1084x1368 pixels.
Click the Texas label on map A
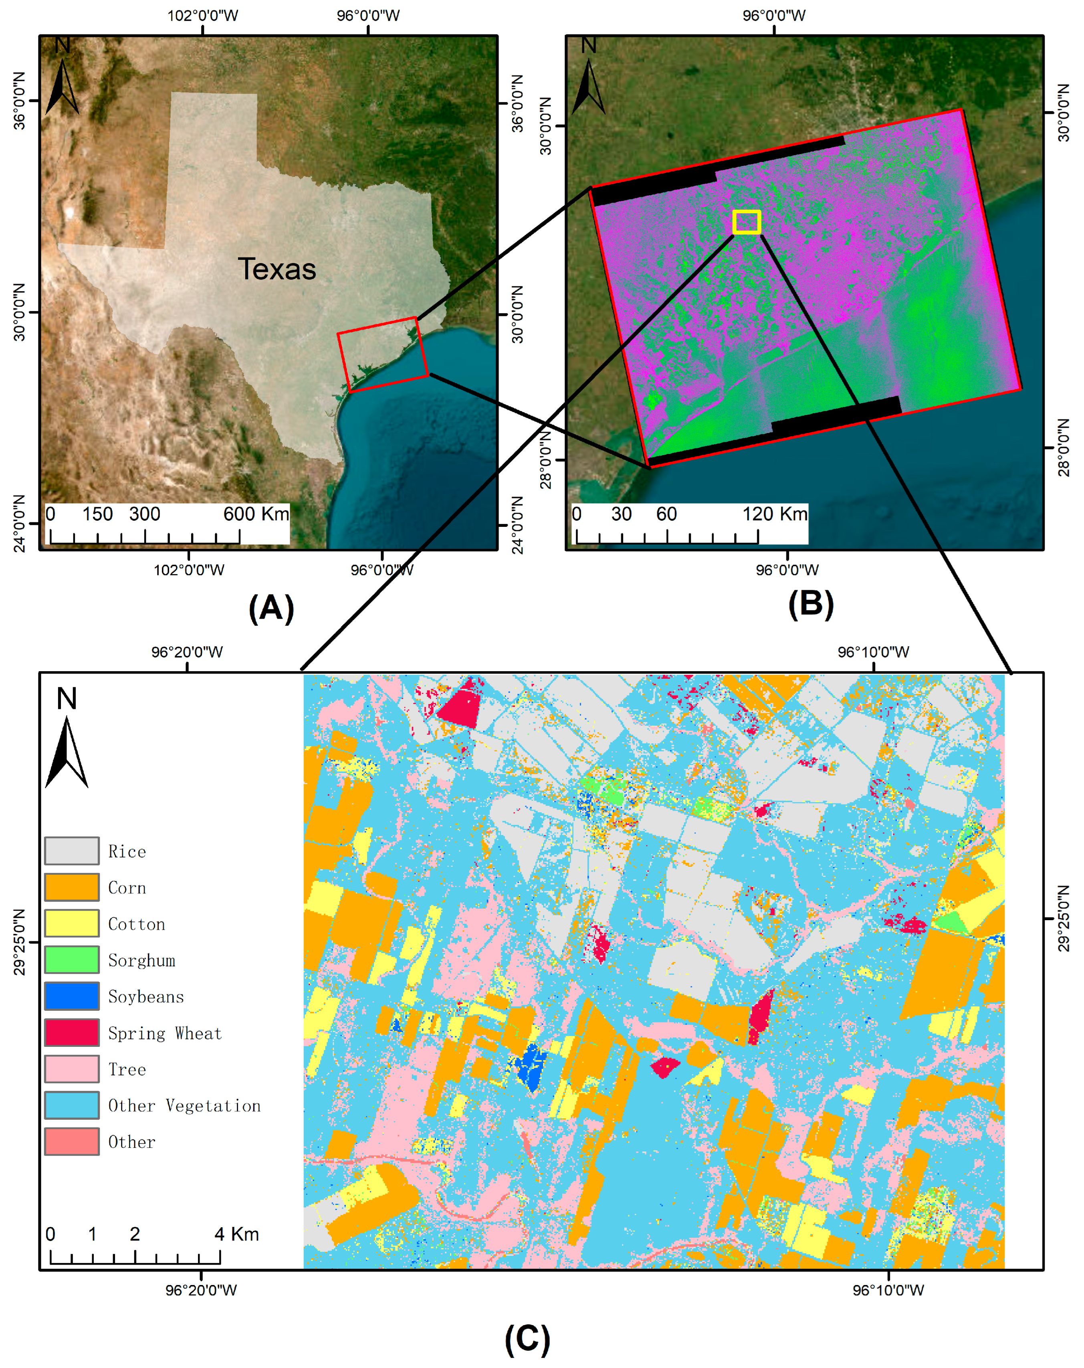pos(277,269)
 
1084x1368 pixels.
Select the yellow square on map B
pos(747,222)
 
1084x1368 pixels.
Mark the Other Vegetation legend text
pos(184,1106)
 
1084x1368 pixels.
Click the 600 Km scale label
pos(256,514)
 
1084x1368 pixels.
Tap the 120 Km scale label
pos(775,514)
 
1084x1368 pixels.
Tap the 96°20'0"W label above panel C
pos(187,652)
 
